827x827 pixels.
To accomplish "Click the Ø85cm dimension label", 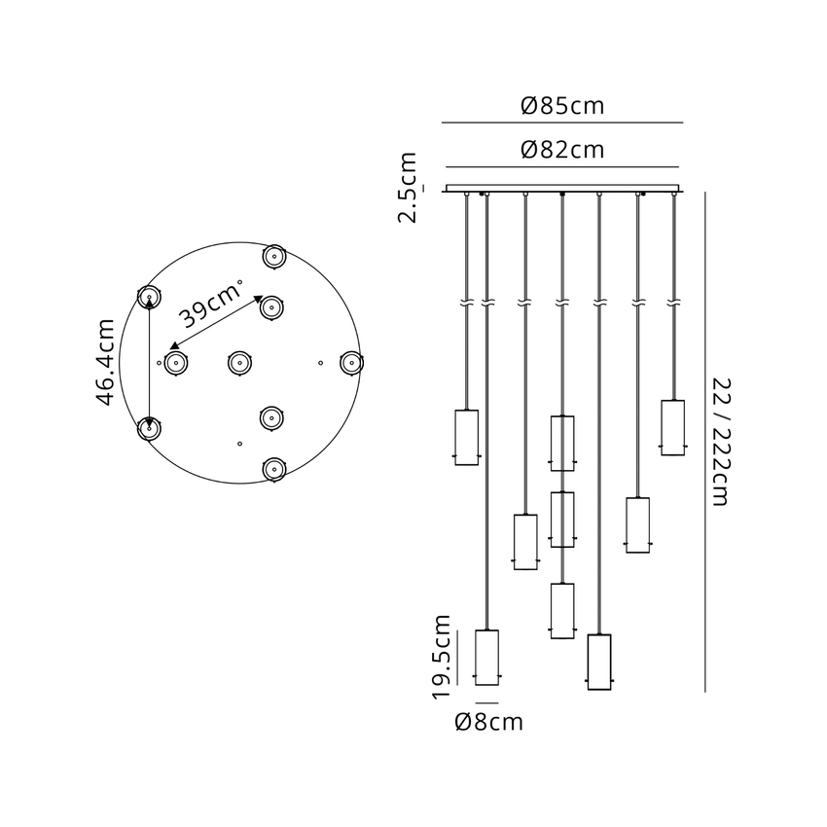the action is (x=562, y=106).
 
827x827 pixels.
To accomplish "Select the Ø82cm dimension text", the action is (x=562, y=150).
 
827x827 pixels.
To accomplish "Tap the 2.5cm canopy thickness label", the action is (x=408, y=187).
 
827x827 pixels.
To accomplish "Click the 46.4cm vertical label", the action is (x=105, y=362).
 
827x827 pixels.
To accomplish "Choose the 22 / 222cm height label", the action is (x=720, y=442).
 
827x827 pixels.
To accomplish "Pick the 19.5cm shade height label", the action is (x=442, y=657).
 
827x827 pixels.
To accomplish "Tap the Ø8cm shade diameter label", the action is (x=489, y=722).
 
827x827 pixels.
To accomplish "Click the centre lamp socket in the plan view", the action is (x=239, y=363).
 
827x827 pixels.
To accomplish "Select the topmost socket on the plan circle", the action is (x=274, y=257).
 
